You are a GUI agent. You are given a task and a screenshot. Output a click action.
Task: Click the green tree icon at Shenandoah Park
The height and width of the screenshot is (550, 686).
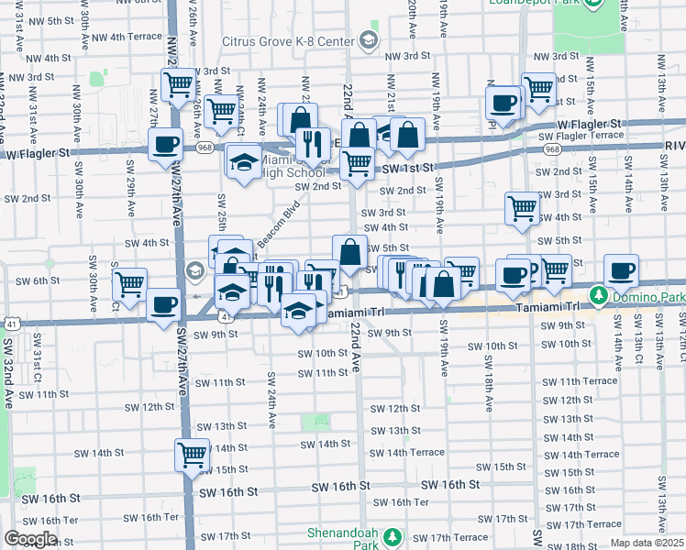click(x=393, y=535)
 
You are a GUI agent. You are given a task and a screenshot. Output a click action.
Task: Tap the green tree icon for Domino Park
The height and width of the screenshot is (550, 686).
click(x=599, y=295)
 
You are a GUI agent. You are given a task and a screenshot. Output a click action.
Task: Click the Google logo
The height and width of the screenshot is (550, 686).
click(x=30, y=539)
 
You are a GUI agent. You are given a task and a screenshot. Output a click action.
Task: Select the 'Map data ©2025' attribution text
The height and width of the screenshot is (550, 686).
click(x=647, y=543)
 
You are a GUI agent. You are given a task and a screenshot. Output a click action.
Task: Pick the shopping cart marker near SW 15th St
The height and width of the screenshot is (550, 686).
click(x=193, y=454)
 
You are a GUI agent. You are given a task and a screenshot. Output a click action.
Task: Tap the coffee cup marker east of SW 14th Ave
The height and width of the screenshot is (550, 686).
click(x=621, y=271)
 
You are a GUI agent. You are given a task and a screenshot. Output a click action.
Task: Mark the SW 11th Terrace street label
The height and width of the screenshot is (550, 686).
click(x=579, y=380)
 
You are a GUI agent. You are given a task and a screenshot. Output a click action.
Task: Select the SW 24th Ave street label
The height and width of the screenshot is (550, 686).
click(x=272, y=401)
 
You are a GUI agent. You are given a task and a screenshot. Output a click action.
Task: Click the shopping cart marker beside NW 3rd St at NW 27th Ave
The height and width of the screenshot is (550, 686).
click(x=179, y=85)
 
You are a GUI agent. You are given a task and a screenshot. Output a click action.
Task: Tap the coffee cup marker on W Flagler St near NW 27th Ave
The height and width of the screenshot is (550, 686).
click(x=166, y=145)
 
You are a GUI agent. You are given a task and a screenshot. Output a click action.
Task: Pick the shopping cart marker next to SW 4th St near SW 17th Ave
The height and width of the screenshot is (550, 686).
click(x=523, y=208)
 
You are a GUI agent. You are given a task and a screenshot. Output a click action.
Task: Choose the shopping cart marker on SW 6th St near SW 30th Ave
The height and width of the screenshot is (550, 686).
click(x=129, y=284)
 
